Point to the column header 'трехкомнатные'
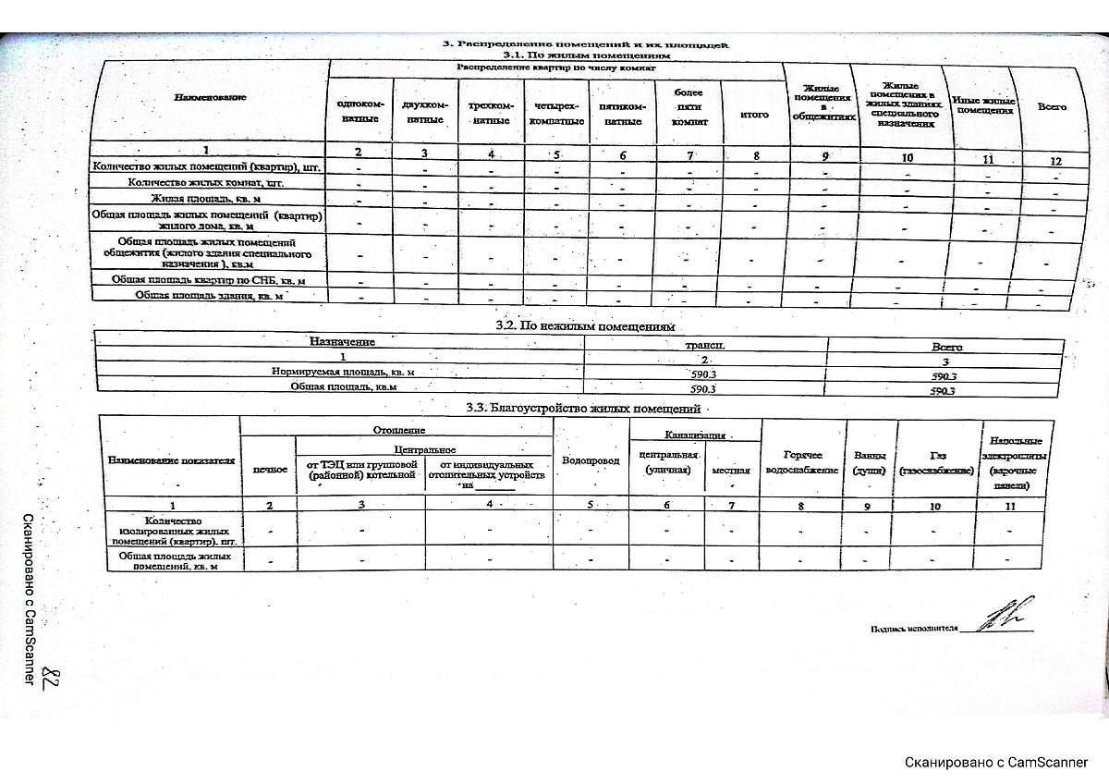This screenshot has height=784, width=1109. point(490,113)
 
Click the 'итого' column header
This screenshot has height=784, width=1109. point(754,115)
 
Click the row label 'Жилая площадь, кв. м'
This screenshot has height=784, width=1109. point(206,198)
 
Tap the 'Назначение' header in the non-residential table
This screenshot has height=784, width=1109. point(342,341)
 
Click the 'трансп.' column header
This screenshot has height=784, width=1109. point(704,344)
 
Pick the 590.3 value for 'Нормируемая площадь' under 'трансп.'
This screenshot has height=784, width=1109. point(704,374)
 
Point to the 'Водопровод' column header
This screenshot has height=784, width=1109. point(591,460)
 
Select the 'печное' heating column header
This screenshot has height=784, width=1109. point(269,470)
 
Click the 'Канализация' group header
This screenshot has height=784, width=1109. point(695,434)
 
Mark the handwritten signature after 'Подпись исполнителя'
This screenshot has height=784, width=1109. point(1003,617)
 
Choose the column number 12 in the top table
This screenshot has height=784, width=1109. point(1055,161)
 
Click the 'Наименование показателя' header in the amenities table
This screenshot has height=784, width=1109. point(171,459)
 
